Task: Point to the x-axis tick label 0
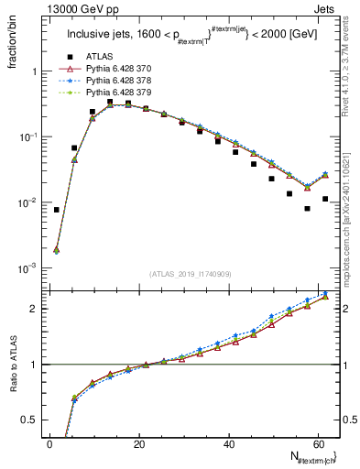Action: [x=50, y=444]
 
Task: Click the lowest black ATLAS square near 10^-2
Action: [x=308, y=208]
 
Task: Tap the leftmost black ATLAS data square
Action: [x=56, y=210]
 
